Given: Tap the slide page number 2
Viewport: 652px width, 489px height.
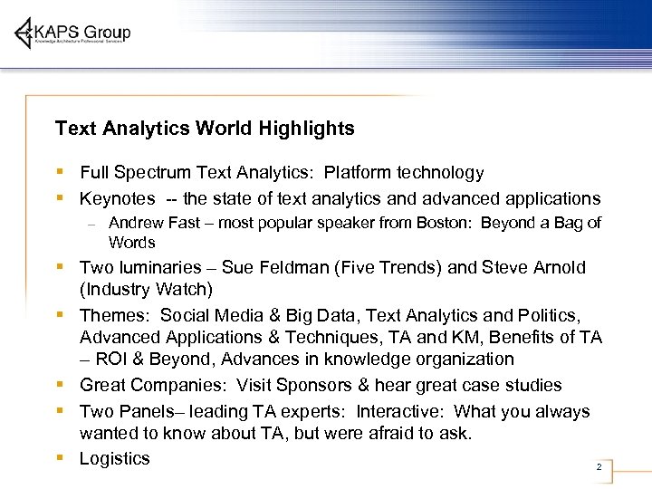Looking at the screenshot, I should (x=599, y=467).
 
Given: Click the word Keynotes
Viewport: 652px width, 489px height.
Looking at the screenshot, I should (x=118, y=199).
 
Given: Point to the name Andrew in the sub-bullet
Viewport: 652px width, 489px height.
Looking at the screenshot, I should (x=136, y=224).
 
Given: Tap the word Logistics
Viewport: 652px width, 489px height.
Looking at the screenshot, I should (x=114, y=459).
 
